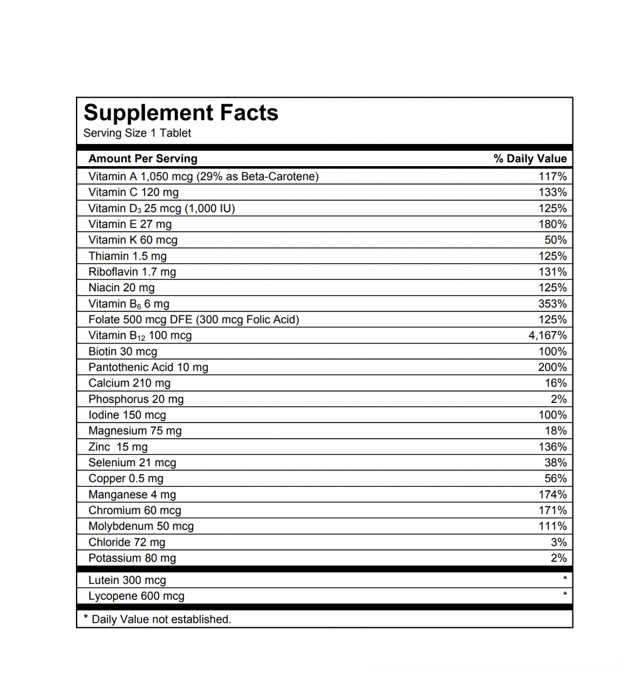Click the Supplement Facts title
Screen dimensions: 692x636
[x=181, y=113]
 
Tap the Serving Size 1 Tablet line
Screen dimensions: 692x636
[x=137, y=133]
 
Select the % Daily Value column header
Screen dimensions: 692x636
[x=530, y=159]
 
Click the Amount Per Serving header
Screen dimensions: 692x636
[x=143, y=159]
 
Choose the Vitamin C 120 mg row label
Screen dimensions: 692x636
[x=133, y=192]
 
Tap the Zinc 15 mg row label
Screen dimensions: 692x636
[x=118, y=447]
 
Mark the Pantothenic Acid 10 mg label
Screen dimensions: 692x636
[x=148, y=368]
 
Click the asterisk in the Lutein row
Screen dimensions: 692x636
[x=564, y=580]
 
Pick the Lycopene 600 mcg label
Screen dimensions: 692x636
[x=136, y=596]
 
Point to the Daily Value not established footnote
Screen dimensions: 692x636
[x=157, y=619]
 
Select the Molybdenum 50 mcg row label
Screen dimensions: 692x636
[x=141, y=526]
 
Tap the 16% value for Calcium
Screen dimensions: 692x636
[x=555, y=383]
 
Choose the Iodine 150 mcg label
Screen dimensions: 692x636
[x=127, y=415]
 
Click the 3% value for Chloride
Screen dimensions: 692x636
[x=558, y=542]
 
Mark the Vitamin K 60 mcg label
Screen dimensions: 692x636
[x=133, y=240]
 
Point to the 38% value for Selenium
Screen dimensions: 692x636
[x=555, y=463]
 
